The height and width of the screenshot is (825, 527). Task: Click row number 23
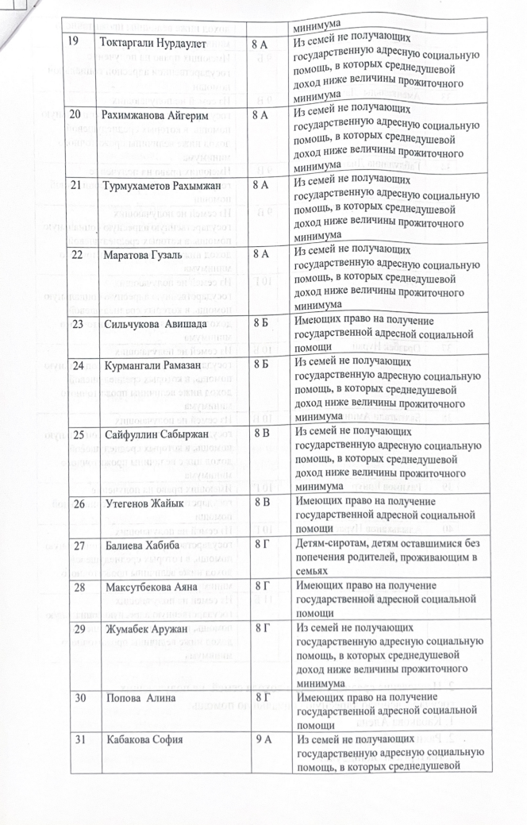[x=79, y=325]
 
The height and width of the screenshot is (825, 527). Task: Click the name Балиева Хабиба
[x=137, y=546]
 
